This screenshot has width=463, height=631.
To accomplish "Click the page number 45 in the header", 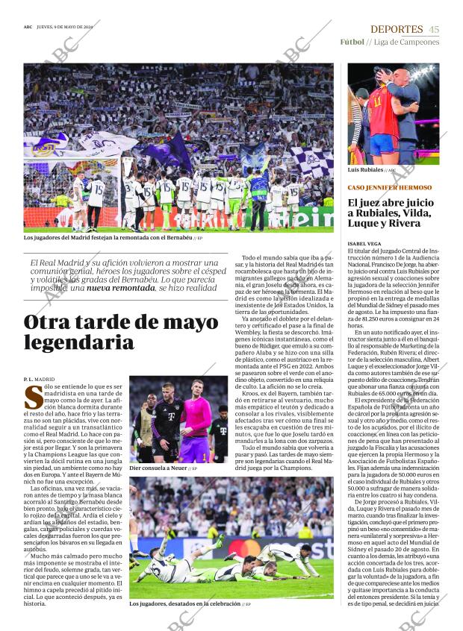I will click(434, 29).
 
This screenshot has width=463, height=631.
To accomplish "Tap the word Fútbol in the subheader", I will click(352, 42).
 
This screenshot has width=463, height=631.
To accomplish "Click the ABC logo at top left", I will click(28, 29).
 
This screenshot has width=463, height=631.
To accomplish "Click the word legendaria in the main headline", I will click(69, 342).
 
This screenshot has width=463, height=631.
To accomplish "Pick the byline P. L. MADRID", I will click(40, 380).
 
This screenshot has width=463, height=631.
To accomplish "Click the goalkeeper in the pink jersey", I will click(196, 421).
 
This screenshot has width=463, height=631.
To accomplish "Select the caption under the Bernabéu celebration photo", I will click(108, 238).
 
